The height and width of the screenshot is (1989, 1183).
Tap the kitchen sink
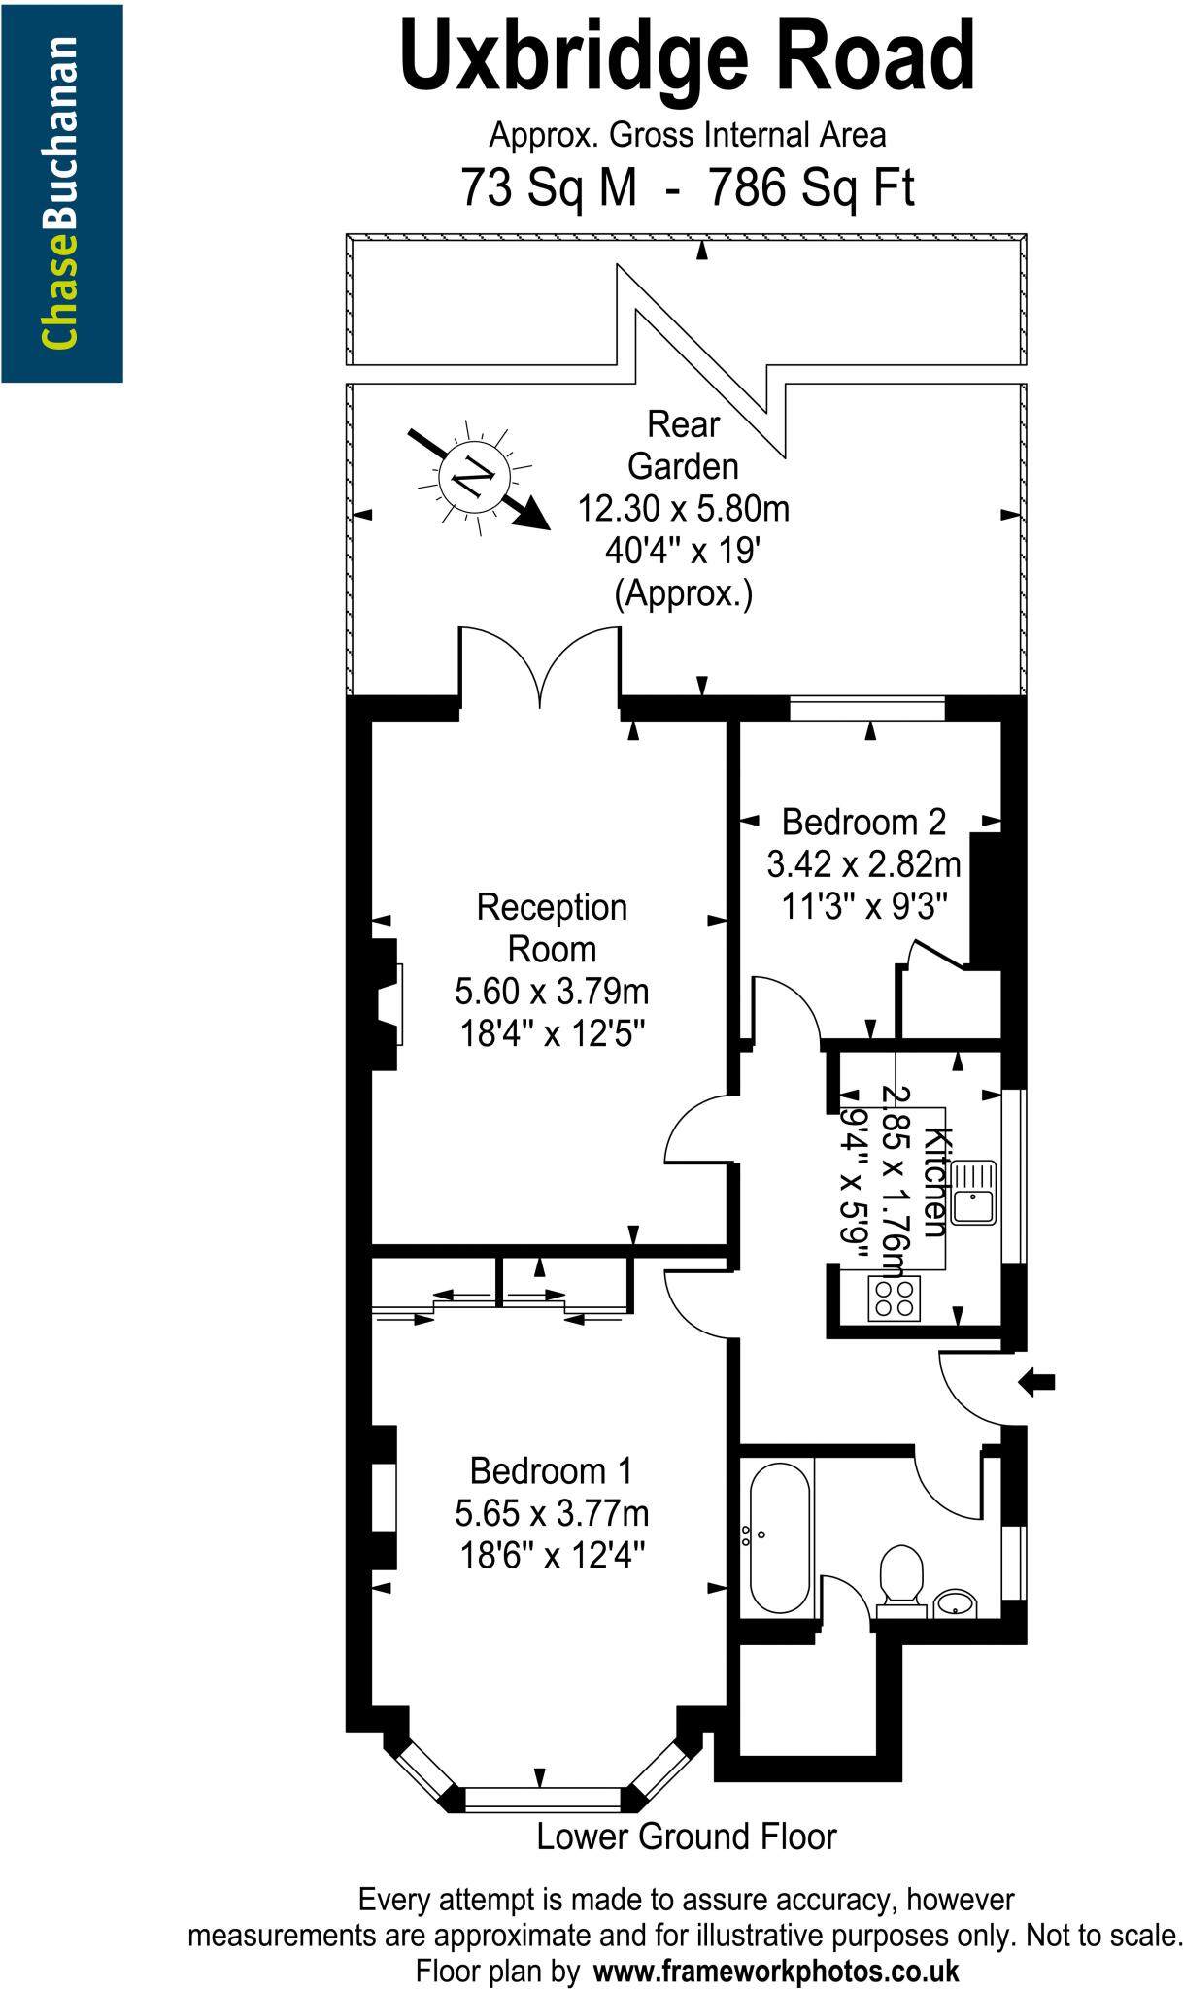click(x=972, y=1192)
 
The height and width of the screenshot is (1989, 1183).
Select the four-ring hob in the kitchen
click(x=895, y=1298)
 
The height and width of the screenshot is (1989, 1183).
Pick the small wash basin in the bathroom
click(x=957, y=1601)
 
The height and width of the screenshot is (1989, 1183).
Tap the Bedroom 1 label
click(x=551, y=1470)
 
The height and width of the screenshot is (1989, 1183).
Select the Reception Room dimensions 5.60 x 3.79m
click(x=552, y=992)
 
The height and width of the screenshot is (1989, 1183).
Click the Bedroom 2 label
click(x=863, y=822)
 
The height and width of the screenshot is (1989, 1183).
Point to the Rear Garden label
click(x=683, y=446)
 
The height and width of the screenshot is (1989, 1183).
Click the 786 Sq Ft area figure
click(x=812, y=187)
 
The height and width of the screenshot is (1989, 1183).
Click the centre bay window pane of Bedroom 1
click(x=542, y=1797)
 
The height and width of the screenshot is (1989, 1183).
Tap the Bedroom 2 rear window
click(x=866, y=708)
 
